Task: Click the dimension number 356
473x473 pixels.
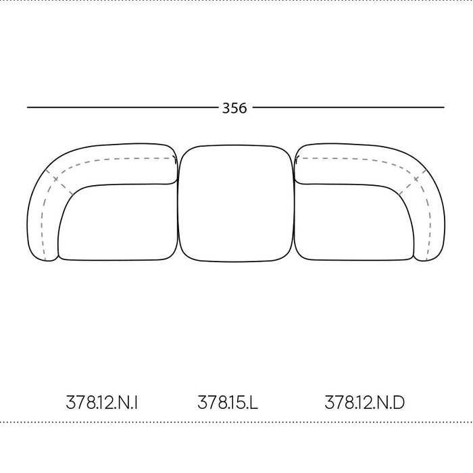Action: [x=234, y=108]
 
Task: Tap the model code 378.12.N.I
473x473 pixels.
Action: [x=102, y=403]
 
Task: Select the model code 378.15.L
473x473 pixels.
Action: [x=228, y=403]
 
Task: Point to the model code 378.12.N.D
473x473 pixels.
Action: [x=364, y=403]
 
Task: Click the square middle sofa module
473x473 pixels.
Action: [x=236, y=203]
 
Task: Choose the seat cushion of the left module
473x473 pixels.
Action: [x=118, y=222]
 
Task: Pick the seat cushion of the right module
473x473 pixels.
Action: [x=354, y=222]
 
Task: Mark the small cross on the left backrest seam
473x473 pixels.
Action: [x=55, y=180]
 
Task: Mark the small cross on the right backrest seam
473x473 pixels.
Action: [x=416, y=179]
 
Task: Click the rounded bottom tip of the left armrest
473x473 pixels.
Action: [x=47, y=260]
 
